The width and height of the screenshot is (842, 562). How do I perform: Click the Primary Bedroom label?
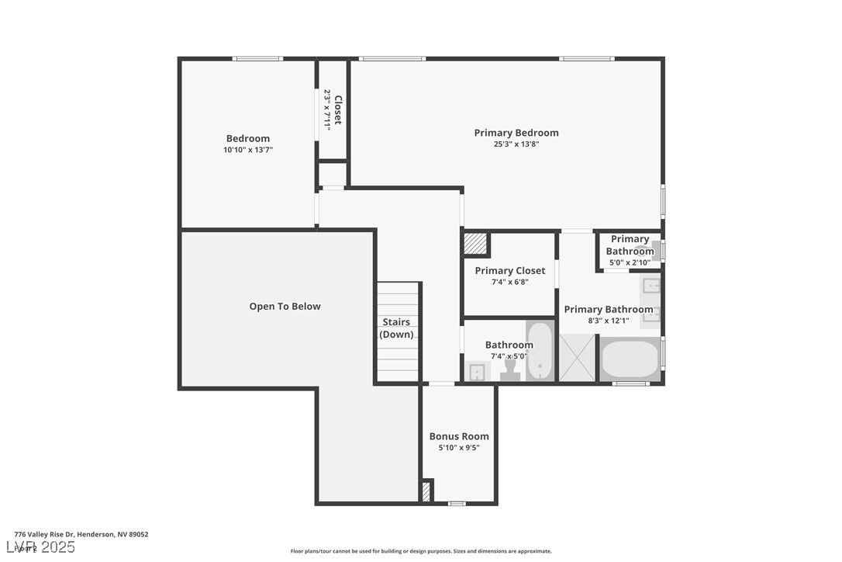516,133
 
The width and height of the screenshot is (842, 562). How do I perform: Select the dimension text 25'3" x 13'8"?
516,144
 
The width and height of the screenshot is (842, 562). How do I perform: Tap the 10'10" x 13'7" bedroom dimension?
247,150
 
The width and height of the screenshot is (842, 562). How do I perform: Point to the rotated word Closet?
337,109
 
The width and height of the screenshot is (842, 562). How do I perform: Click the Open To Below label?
285,307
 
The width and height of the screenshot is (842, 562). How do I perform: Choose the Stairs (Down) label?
396,328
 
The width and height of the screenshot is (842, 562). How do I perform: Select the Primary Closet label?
509,271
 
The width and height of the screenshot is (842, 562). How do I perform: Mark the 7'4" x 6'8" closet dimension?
509,283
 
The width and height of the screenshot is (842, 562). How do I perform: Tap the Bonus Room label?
459,436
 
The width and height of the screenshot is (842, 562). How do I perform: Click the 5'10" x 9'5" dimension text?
459,448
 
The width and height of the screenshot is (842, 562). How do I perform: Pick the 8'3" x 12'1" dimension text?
608,321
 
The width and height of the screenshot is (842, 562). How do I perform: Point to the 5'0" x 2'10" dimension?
630,262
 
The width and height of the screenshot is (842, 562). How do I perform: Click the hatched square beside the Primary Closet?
475,244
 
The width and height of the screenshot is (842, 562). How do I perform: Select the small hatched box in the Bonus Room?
426,491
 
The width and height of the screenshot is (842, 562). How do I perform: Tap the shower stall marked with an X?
577,358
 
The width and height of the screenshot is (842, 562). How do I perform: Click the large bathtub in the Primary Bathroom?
630,359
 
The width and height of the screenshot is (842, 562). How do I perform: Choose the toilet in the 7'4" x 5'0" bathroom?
509,373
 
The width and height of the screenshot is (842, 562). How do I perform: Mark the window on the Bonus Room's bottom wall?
457,504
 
